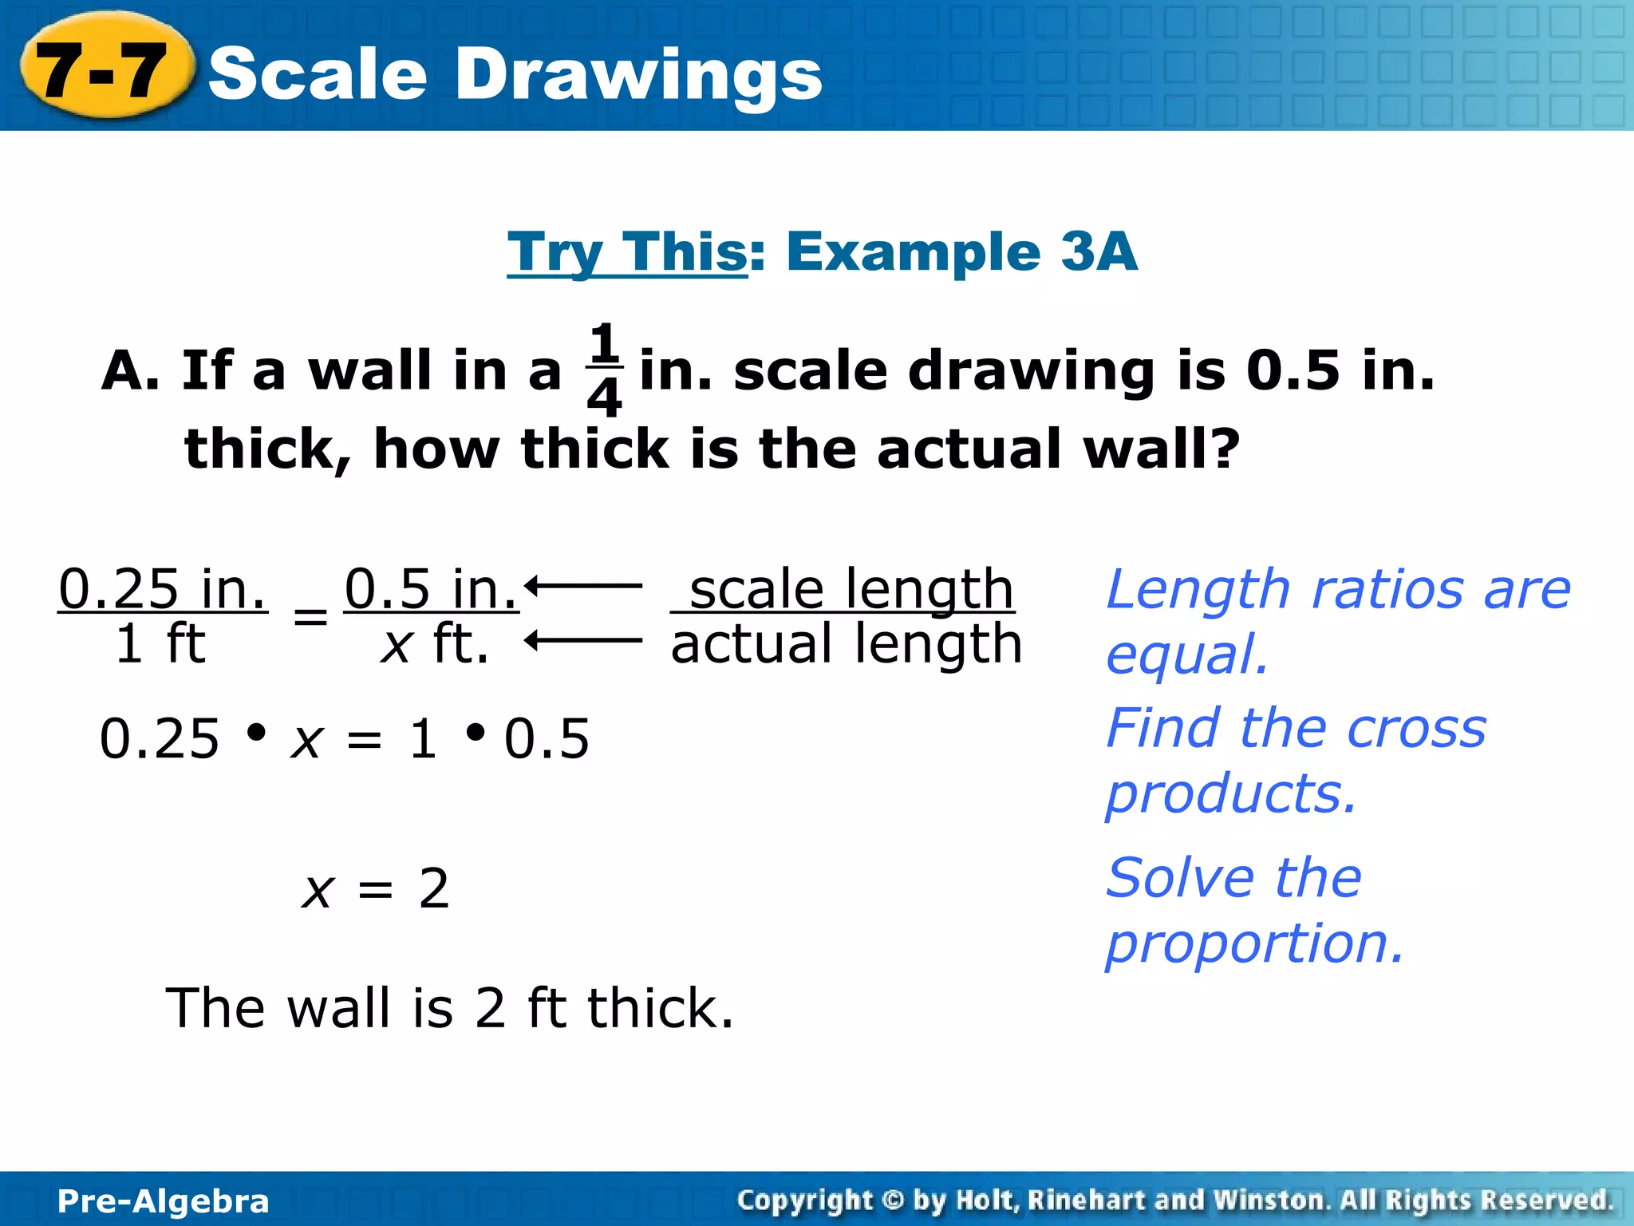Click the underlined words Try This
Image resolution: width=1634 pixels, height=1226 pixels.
(626, 252)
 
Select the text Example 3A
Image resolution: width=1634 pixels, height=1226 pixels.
(961, 252)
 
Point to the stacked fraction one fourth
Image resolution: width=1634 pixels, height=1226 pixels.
(604, 370)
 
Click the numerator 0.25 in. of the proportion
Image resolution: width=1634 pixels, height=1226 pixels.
(163, 589)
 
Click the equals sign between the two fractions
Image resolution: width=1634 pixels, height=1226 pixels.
(310, 617)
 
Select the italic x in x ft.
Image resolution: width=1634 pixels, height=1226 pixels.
(396, 645)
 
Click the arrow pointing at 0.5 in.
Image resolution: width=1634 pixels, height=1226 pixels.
(583, 586)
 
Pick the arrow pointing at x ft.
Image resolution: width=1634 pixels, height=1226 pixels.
(583, 640)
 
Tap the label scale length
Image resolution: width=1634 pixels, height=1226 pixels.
(851, 589)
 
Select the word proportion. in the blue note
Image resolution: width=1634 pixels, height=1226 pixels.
(1254, 943)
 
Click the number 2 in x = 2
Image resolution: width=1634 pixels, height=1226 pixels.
(434, 888)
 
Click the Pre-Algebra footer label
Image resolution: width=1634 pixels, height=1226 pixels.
(164, 1201)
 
